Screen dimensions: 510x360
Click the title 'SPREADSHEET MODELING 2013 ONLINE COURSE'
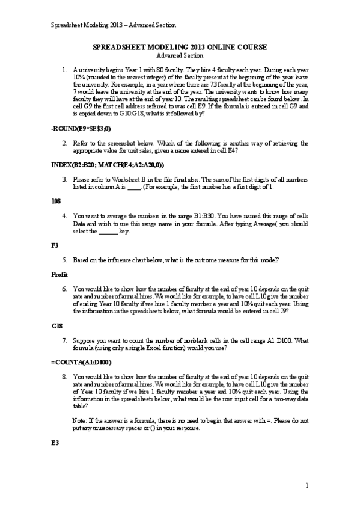tap(181, 48)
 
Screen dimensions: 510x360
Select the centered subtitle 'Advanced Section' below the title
tap(181, 55)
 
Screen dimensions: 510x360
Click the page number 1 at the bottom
tap(307, 485)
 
